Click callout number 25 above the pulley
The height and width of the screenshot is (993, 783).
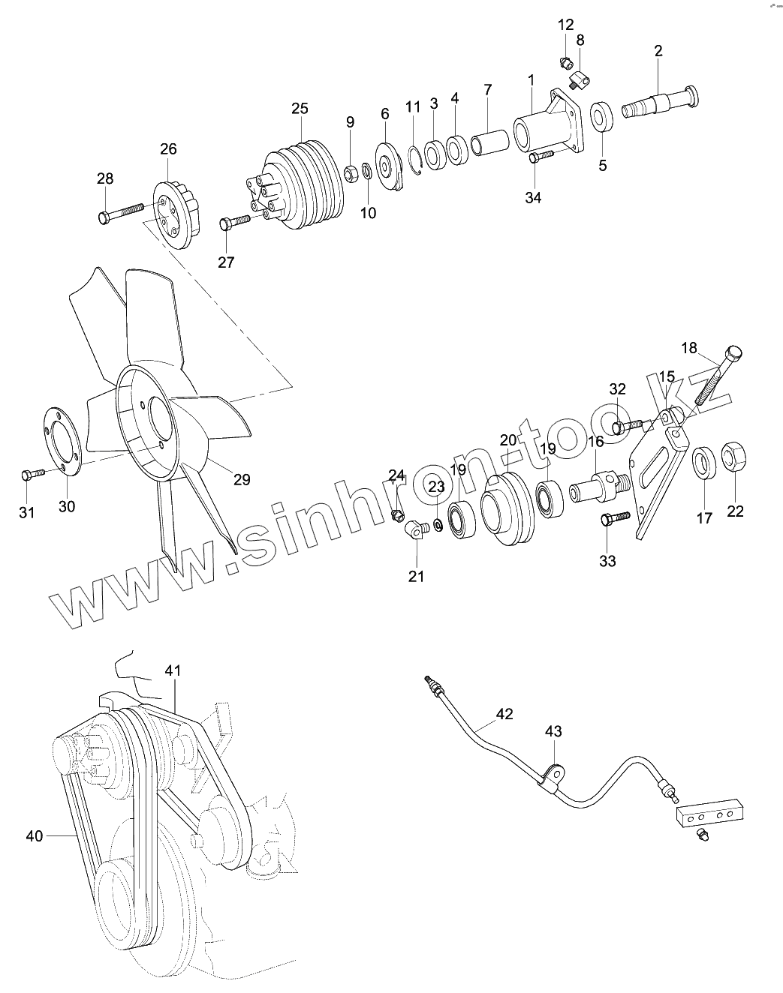(300, 109)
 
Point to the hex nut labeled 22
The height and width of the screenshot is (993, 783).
(733, 457)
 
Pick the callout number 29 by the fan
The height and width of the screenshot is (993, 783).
(241, 479)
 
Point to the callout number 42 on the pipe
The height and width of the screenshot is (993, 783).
(504, 714)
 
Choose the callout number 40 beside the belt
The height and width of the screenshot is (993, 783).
(35, 835)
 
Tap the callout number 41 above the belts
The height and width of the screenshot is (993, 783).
(173, 671)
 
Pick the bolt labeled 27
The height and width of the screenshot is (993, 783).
(235, 222)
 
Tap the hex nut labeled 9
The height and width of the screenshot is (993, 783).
(350, 174)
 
